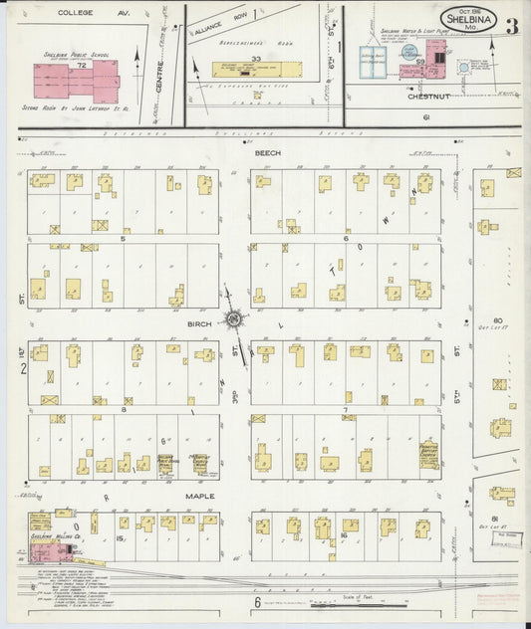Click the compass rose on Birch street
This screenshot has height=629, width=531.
click(235, 318)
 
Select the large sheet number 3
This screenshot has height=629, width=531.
click(511, 27)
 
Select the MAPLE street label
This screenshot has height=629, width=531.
click(200, 495)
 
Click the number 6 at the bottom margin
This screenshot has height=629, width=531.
click(256, 602)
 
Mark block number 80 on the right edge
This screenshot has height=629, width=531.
click(498, 320)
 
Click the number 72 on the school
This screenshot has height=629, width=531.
click(83, 65)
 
